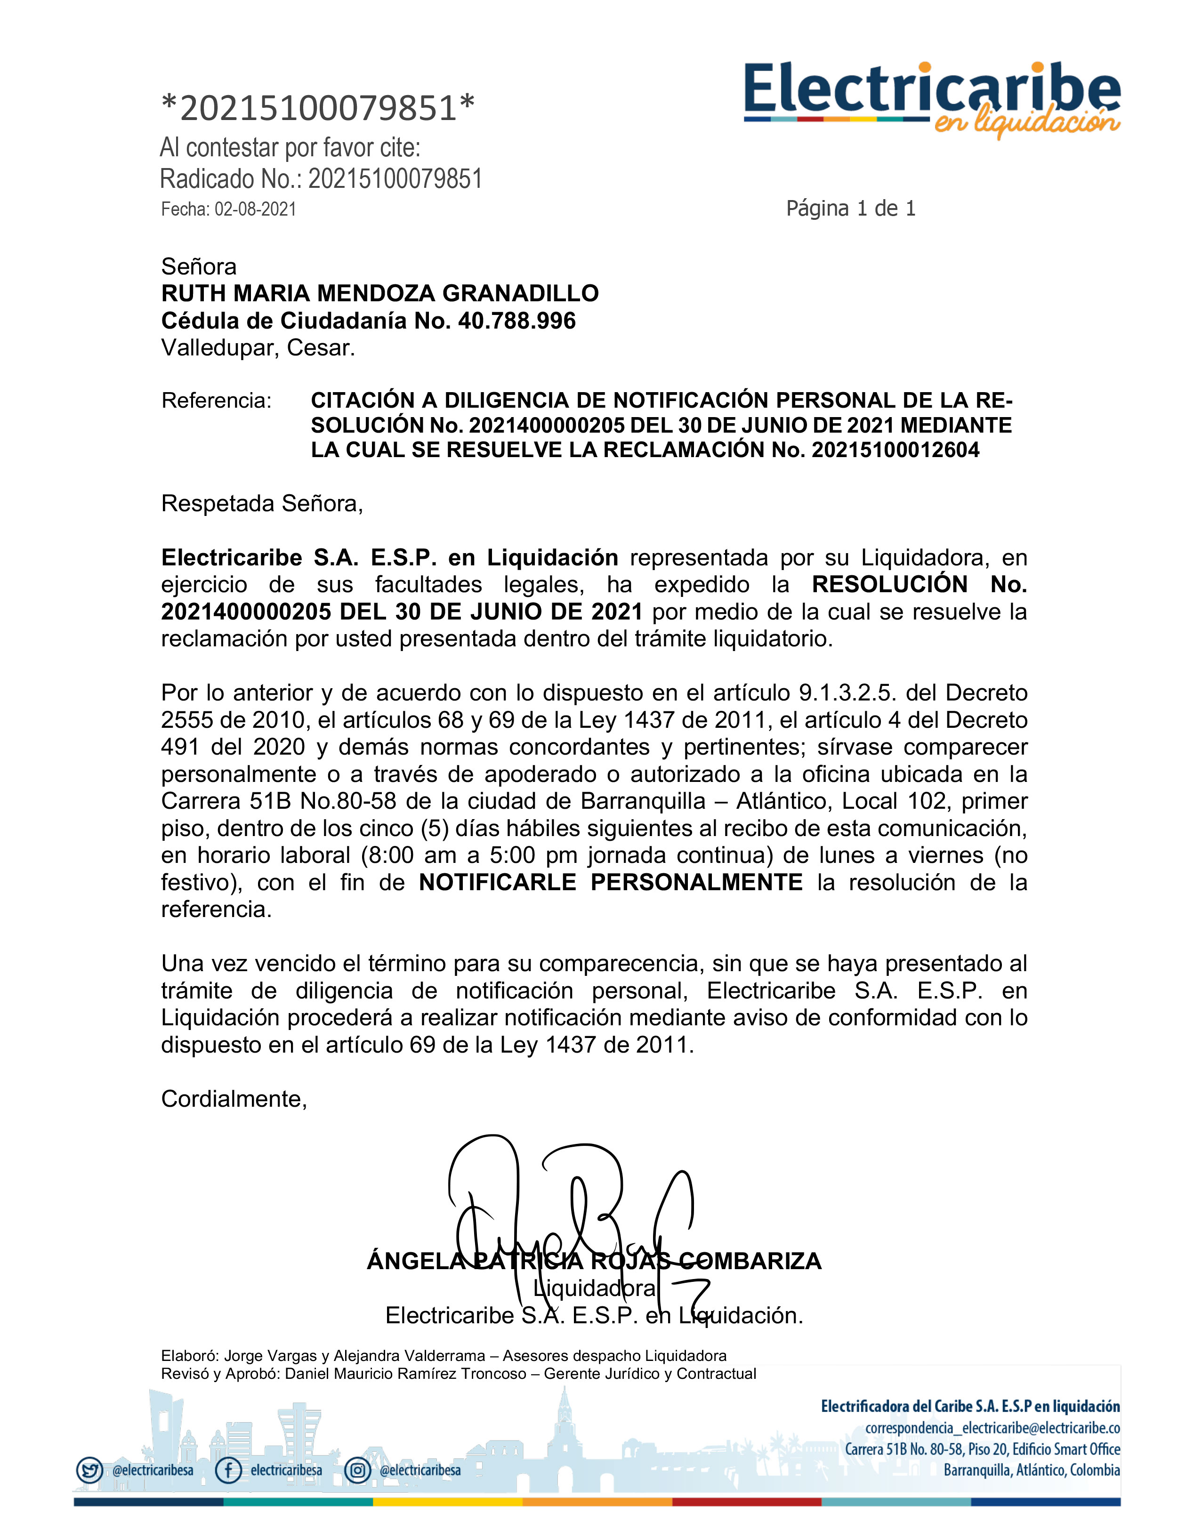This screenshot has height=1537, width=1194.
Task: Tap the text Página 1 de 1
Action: click(850, 209)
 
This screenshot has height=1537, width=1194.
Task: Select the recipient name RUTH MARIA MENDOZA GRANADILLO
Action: click(379, 293)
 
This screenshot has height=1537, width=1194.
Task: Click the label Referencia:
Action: click(216, 401)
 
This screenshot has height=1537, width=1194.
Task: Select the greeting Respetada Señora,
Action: click(262, 503)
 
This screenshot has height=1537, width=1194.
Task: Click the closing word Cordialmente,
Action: click(234, 1099)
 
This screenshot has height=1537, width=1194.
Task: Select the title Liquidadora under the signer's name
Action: click(595, 1288)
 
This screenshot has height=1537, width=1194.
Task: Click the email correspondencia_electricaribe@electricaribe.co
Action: click(992, 1428)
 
